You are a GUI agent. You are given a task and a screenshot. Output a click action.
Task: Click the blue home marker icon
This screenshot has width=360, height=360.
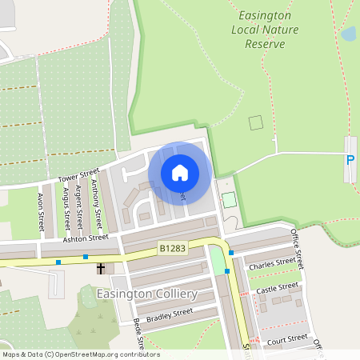click(180, 172)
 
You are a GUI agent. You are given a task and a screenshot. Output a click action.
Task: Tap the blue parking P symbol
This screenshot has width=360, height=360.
click(350, 159)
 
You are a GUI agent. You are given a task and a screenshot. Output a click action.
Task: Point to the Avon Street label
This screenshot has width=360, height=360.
click(41, 210)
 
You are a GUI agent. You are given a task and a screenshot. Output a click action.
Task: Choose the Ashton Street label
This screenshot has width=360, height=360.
click(86, 238)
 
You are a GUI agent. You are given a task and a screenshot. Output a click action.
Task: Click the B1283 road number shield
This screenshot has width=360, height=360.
click(172, 249)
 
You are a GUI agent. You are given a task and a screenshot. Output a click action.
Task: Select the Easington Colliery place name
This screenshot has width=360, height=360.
click(146, 294)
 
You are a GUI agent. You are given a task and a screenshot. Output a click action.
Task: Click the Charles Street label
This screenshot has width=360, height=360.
click(272, 262)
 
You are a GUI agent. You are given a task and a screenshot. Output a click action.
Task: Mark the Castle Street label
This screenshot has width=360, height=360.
click(278, 286)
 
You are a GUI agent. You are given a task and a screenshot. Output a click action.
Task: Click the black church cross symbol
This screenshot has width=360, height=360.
click(102, 269)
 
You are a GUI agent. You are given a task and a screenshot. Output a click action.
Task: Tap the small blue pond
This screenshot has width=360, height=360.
click(348, 34)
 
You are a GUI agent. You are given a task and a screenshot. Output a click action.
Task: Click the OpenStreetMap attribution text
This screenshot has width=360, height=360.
click(80, 354)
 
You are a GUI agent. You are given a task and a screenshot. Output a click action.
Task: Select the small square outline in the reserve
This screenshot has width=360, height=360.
click(255, 122)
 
